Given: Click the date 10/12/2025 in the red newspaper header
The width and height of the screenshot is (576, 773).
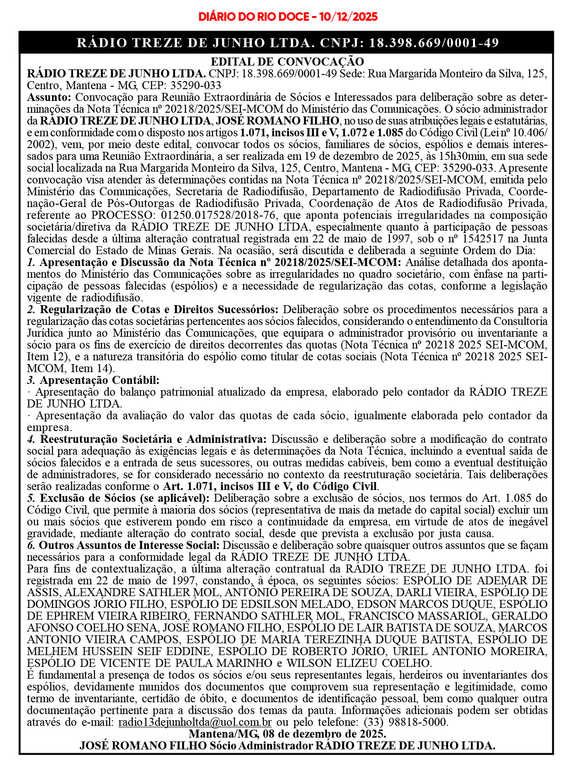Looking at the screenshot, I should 348,17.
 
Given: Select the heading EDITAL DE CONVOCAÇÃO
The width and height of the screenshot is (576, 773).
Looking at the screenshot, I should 287,62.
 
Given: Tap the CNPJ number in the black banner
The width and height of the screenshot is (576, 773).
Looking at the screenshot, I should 433,43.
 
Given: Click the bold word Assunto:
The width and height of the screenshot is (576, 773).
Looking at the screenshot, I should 49,98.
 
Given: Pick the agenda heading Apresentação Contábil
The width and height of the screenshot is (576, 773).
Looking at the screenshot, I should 100,381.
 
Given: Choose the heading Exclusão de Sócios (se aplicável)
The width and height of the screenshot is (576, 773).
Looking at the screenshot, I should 125,499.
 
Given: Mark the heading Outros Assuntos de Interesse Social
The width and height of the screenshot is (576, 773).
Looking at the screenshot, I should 129,546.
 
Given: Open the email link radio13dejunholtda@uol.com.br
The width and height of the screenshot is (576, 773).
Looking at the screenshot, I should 195,723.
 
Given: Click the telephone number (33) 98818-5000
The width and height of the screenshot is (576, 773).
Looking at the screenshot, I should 405,723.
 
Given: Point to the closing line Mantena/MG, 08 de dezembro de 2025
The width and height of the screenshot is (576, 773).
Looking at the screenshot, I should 287,734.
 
